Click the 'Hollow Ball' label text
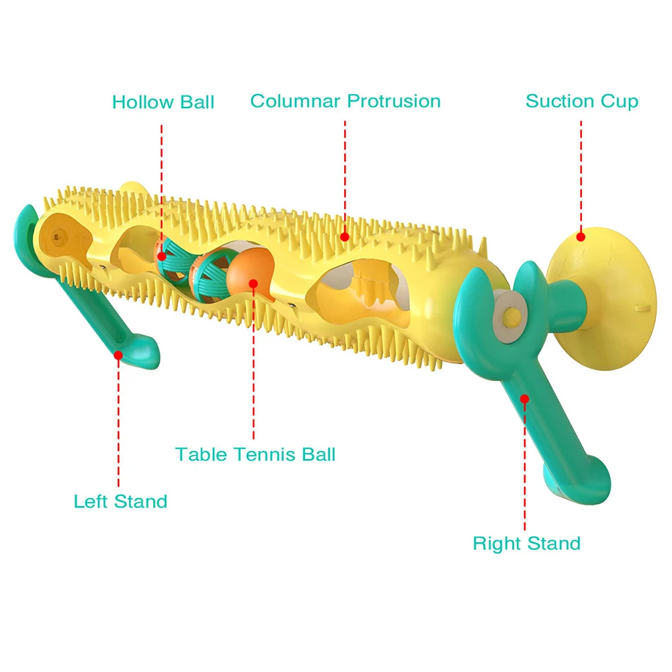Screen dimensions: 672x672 [x=163, y=102]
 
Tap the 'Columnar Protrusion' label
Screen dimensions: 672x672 [x=345, y=101]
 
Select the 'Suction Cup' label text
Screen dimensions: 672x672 [x=581, y=101]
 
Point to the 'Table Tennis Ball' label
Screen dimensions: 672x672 [x=255, y=454]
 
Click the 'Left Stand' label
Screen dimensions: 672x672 [x=120, y=501]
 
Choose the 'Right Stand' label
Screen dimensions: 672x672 [x=526, y=543]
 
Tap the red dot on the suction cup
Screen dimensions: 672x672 [x=581, y=236]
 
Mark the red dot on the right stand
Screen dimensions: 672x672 [x=525, y=398]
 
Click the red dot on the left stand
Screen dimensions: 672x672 [x=118, y=353]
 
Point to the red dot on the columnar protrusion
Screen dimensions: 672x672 [x=345, y=236]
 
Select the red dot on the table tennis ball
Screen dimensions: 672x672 [x=253, y=283]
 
